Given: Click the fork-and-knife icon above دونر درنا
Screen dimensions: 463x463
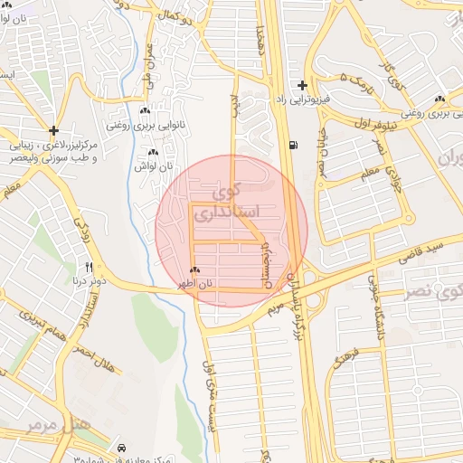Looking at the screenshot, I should click(89, 267).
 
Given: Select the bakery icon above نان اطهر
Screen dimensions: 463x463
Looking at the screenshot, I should click(195, 270).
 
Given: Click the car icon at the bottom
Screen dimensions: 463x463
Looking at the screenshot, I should click(121, 448).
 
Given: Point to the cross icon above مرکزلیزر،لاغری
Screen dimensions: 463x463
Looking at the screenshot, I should click(54, 131).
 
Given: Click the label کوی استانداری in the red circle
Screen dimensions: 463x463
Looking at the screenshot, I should click(233, 204).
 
